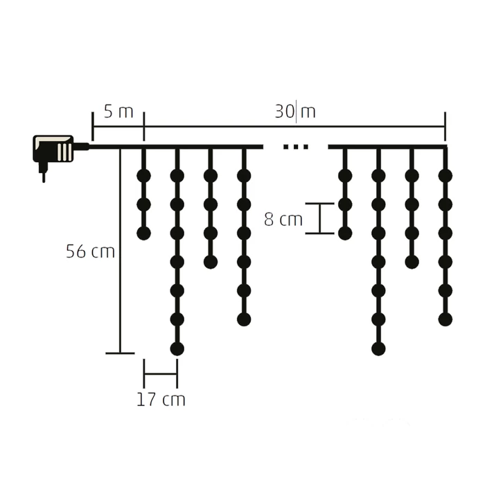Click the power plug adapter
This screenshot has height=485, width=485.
click(x=54, y=149)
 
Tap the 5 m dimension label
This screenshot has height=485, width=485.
click(x=118, y=112)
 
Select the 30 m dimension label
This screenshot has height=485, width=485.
click(x=295, y=112)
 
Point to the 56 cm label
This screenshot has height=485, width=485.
click(x=90, y=252)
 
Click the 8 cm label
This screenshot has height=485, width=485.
click(x=283, y=220)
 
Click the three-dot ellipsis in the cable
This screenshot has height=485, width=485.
click(x=296, y=147)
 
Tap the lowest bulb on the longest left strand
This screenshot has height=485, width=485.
click(x=177, y=349)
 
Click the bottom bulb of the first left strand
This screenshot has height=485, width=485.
click(x=143, y=233)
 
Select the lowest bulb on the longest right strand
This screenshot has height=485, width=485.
click(x=378, y=349)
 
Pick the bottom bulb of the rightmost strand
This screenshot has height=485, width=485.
click(x=445, y=319)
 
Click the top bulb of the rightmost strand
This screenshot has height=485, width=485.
click(x=445, y=176)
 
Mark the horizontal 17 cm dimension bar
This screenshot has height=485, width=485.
click(x=160, y=374)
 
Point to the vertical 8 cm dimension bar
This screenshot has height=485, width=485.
click(x=319, y=218)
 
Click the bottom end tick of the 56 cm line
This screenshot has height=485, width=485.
click(x=120, y=353)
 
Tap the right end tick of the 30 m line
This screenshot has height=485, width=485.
click(x=445, y=127)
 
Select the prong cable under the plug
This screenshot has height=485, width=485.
click(x=43, y=173)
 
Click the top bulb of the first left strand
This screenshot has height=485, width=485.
click(x=143, y=176)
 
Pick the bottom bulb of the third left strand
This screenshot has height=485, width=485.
click(x=210, y=261)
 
